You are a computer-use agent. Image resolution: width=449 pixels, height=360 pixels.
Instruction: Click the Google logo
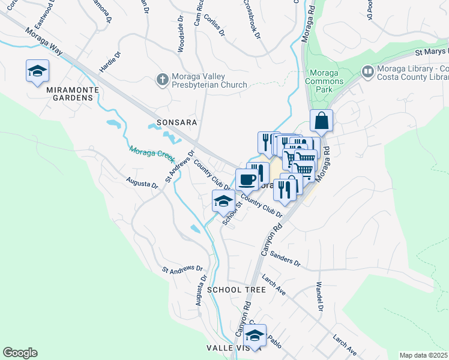20,353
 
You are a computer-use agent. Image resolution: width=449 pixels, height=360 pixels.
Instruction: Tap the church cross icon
161,79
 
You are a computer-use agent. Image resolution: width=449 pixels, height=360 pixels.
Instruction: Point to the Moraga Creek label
151,155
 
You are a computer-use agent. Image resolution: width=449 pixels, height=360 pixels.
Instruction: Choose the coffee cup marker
247,179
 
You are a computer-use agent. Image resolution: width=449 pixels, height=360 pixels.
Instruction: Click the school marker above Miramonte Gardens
37,71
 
